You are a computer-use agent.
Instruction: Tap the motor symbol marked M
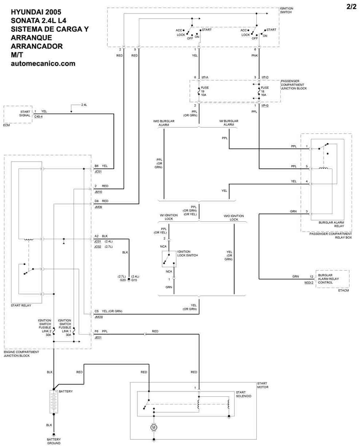tap(154, 427)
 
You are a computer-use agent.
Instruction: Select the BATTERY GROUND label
tap(54, 441)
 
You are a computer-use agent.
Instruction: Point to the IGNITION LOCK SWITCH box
tap(169, 258)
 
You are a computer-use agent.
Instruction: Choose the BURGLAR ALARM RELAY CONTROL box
tap(332, 279)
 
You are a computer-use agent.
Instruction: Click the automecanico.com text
tap(43, 63)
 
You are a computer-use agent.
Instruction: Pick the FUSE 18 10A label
tap(264, 91)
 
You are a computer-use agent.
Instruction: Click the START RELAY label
tap(21, 305)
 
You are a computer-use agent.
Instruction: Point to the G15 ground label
tap(134, 280)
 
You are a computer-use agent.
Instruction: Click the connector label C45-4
tap(38, 116)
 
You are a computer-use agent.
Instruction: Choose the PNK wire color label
tap(255, 56)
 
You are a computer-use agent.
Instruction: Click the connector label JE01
tap(98, 337)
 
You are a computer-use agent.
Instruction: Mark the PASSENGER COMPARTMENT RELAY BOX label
tap(331, 236)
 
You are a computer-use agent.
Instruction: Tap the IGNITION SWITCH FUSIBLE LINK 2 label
tap(45, 328)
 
